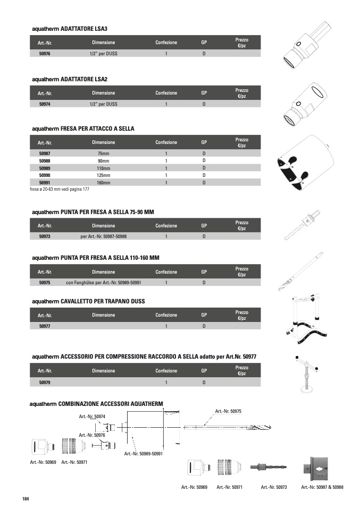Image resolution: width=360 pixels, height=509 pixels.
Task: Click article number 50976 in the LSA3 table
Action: click(45, 54)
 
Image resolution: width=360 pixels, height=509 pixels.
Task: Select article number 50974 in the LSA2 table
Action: click(45, 105)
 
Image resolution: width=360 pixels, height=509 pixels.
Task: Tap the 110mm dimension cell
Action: click(103, 168)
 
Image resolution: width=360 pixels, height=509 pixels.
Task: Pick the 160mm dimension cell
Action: click(103, 183)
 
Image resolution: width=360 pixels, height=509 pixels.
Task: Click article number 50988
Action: click(45, 160)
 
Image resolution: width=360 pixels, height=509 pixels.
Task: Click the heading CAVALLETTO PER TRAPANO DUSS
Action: click(88, 301)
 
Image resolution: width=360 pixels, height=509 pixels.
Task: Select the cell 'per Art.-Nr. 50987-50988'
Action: click(103, 236)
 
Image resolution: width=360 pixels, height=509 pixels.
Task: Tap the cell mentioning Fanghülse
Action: click(103, 283)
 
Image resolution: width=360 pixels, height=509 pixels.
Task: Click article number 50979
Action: click(45, 382)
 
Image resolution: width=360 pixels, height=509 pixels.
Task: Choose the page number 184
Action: click(26, 498)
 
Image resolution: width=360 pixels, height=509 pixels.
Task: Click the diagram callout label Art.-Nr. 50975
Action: click(228, 411)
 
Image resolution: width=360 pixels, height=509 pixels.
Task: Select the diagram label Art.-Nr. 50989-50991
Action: click(143, 454)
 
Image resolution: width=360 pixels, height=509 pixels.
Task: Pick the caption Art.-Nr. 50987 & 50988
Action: click(322, 487)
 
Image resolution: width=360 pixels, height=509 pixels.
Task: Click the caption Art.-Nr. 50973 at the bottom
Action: click(274, 487)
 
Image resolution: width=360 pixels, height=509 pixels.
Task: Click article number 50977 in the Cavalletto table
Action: click(45, 326)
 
